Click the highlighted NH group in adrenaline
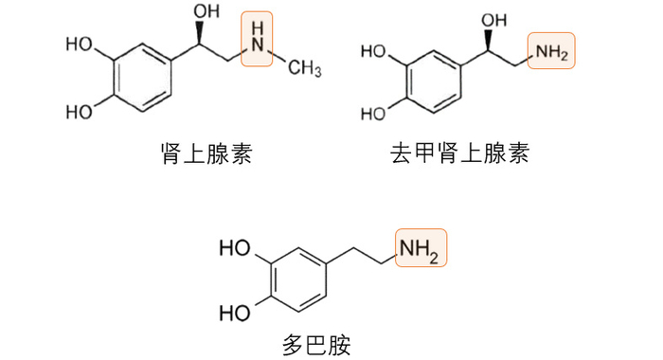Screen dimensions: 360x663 [257, 40]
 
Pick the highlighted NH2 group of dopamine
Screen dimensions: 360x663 [420, 249]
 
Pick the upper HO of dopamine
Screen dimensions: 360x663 [236, 250]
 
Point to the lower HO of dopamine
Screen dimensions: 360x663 [236, 312]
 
